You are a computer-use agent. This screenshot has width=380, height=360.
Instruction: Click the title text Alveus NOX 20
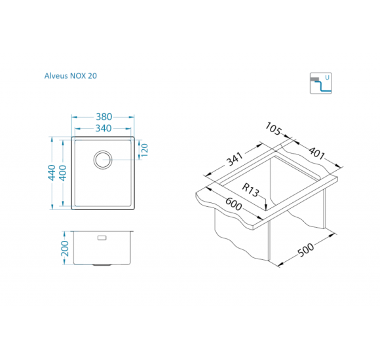[x=71, y=76]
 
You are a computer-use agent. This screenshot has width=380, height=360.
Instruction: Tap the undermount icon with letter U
[x=320, y=83]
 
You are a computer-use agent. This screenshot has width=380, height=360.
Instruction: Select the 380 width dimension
[x=104, y=117]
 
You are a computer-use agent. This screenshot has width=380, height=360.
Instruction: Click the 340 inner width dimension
[x=104, y=128]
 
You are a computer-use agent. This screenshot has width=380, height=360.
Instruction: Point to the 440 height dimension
[x=52, y=172]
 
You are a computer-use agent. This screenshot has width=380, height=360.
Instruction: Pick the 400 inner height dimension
[x=63, y=173]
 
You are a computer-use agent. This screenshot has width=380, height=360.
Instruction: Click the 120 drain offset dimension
[x=144, y=150]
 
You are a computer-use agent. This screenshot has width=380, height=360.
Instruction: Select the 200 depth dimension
[x=65, y=248]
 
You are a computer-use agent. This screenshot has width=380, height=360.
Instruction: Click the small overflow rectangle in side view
[x=102, y=238]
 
